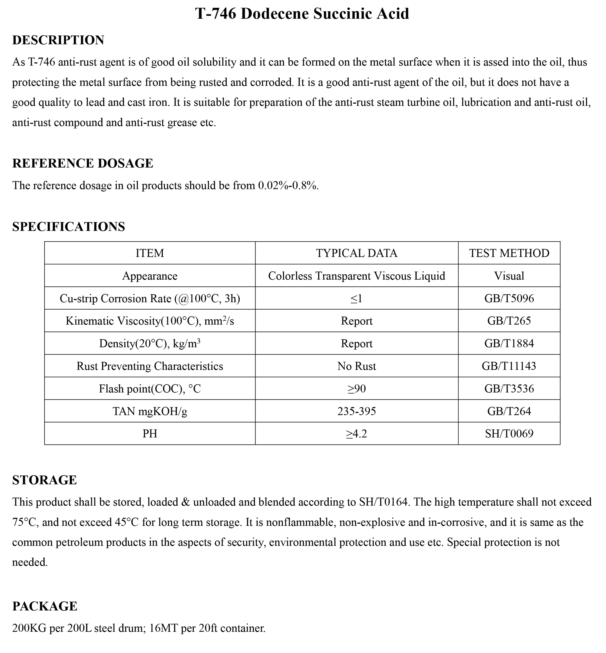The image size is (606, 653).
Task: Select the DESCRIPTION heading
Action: pyautogui.click(x=58, y=40)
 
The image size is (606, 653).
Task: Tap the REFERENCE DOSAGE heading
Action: pyautogui.click(x=83, y=163)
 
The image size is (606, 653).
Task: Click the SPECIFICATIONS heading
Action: pyautogui.click(x=69, y=227)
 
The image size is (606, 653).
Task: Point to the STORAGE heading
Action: pyautogui.click(x=45, y=480)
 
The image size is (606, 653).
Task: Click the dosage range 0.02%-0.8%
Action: pyautogui.click(x=288, y=186)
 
